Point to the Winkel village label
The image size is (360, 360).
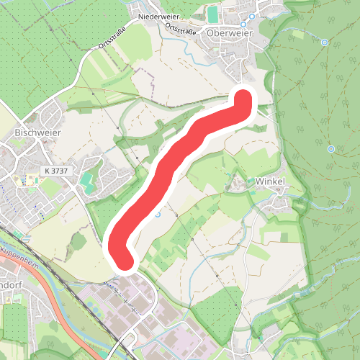coord(271,181)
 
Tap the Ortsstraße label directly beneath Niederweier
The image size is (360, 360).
coord(183,29)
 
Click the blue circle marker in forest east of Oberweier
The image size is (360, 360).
coord(325,42)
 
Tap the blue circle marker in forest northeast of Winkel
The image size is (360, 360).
coord(330,149)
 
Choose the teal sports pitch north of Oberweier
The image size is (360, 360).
coord(212,13)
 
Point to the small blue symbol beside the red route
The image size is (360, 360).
coord(159,214)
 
